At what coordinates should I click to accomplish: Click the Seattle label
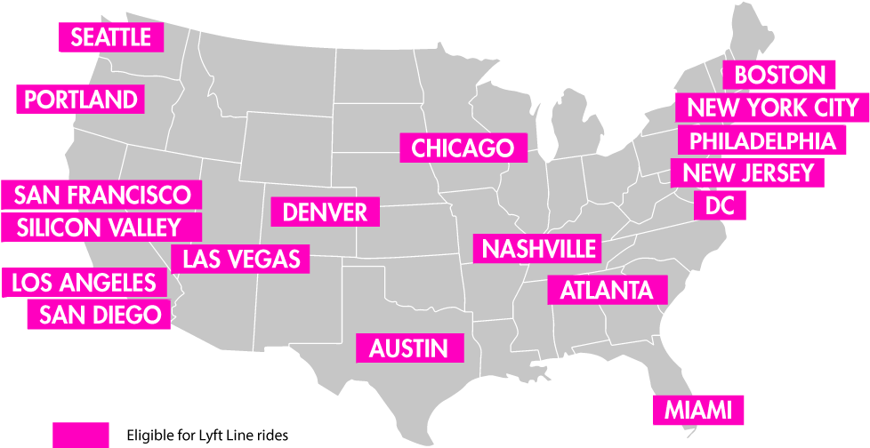tap(111, 37)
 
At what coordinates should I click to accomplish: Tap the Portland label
tap(81, 100)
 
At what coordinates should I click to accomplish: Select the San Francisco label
tap(102, 195)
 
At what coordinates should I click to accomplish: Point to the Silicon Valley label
tap(98, 228)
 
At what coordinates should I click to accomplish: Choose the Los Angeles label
tap(84, 284)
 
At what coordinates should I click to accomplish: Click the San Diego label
tap(100, 314)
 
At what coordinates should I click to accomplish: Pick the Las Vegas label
tap(241, 260)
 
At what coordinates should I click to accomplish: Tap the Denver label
tap(325, 212)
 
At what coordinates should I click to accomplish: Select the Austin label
tap(409, 348)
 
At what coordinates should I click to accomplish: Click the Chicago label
tap(463, 148)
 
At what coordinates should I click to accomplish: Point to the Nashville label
tap(538, 248)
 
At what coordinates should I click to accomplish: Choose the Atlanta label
tap(607, 290)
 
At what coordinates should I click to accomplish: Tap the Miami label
tap(698, 410)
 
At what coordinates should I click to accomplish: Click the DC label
tap(720, 206)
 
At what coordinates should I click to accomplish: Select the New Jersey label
tap(748, 173)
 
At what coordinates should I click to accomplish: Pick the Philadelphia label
tap(762, 140)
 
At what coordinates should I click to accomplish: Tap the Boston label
tap(779, 76)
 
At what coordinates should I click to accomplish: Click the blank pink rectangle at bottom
tap(81, 435)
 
